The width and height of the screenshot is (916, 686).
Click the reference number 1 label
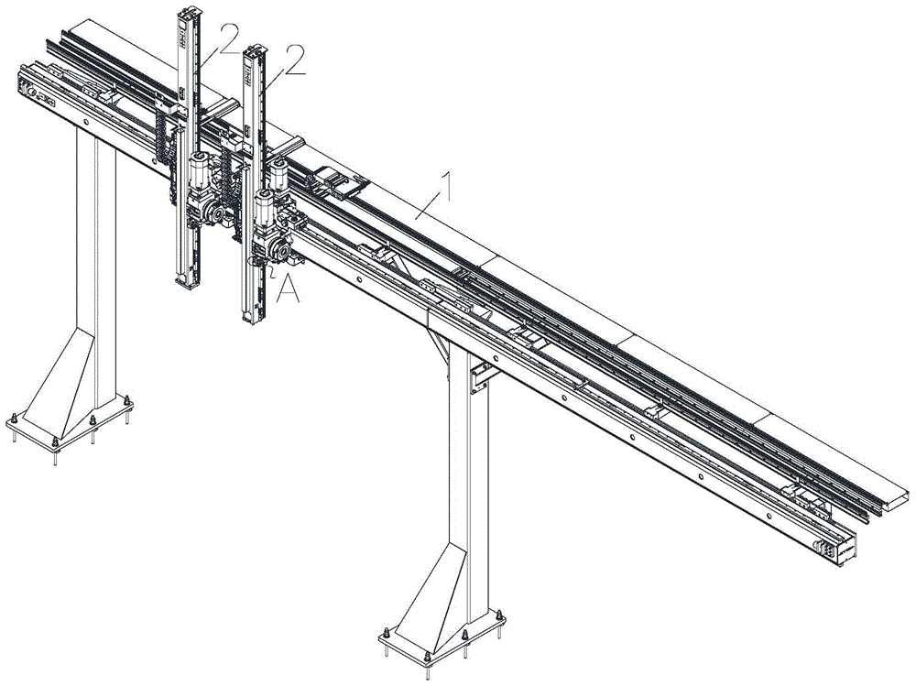click(x=447, y=187)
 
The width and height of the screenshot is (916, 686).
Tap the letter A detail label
click(x=289, y=289)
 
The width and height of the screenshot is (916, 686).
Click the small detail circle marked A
click(x=257, y=261)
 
